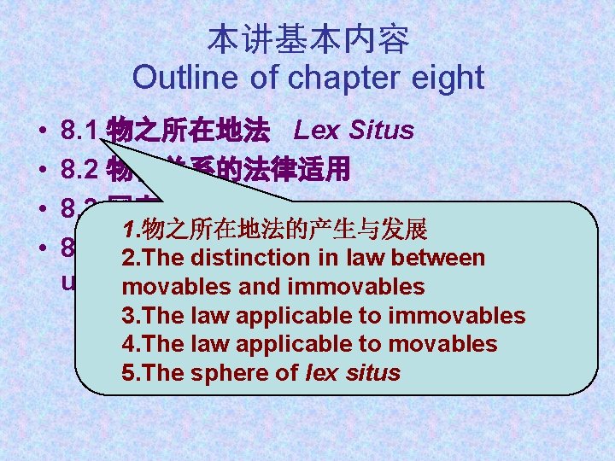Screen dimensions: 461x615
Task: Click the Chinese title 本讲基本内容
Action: [307, 39]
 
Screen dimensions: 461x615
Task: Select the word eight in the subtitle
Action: [446, 78]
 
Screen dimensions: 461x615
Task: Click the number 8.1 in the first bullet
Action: [81, 131]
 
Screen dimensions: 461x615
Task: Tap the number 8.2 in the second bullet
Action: [81, 170]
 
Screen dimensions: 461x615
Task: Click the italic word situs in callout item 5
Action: [370, 373]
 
